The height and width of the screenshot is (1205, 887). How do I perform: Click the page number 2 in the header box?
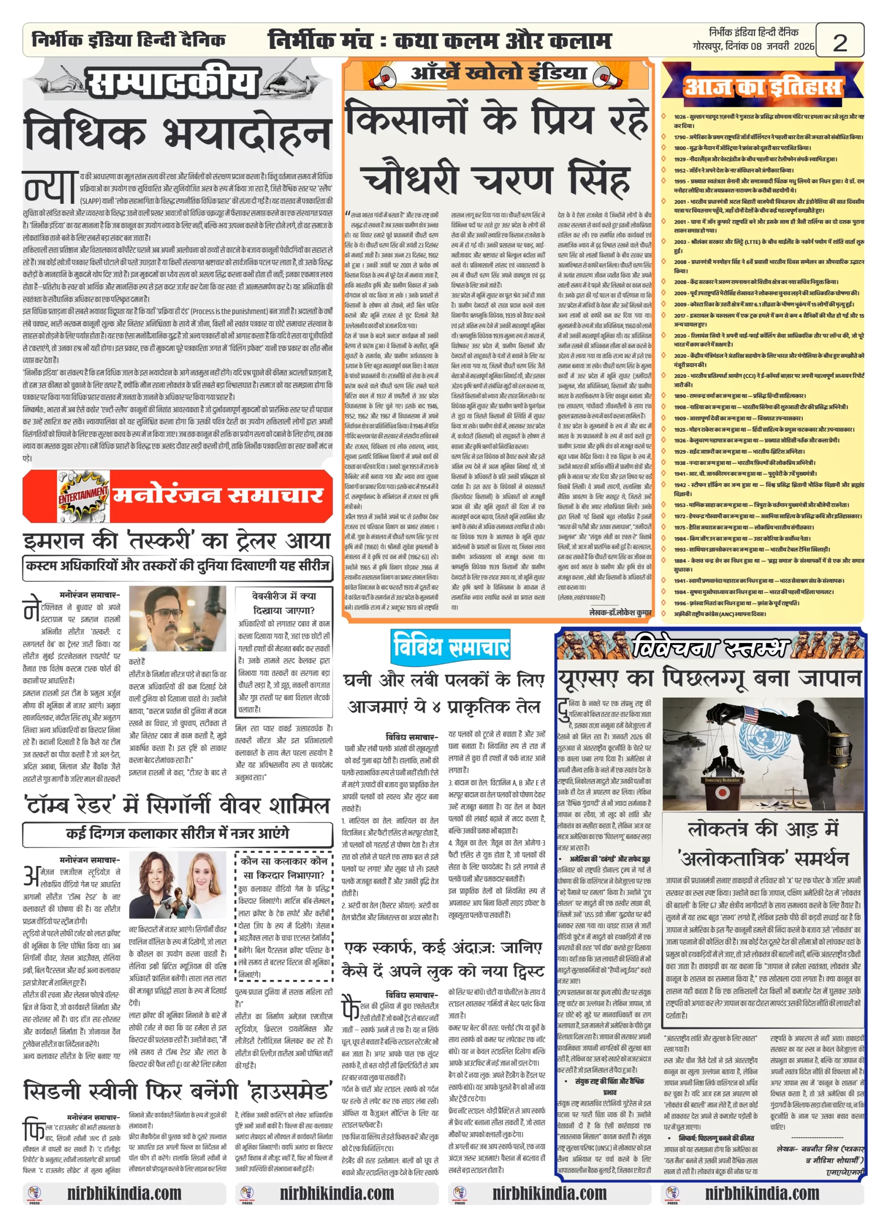(839, 42)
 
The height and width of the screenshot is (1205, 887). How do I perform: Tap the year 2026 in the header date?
(804, 47)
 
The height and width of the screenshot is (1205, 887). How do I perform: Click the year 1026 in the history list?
(680, 116)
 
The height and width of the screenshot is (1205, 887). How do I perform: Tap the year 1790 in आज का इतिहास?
(680, 137)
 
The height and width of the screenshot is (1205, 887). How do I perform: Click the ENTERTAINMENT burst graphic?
(83, 494)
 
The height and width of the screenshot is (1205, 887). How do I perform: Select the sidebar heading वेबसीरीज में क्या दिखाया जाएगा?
(283, 603)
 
